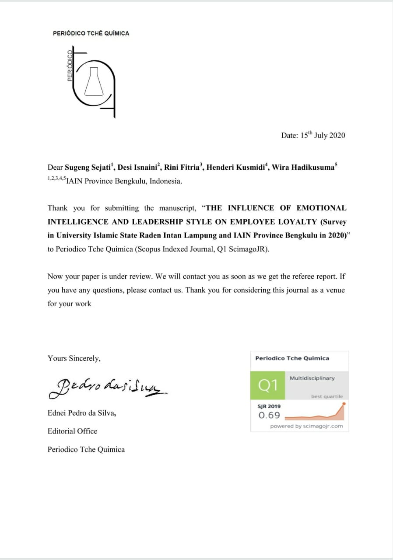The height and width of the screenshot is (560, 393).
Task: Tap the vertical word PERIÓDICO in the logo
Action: [70, 66]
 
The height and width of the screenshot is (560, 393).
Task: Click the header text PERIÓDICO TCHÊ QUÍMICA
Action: [91, 33]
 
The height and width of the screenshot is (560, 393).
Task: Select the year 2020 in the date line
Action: [337, 135]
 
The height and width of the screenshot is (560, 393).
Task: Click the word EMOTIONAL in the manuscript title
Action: [321, 208]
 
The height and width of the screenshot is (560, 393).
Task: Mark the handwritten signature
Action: [108, 387]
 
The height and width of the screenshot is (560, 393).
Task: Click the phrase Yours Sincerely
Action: [74, 358]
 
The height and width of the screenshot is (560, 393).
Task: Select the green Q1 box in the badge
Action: [268, 385]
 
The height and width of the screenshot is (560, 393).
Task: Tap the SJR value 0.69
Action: [269, 415]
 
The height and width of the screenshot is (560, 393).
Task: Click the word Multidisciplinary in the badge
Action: [312, 378]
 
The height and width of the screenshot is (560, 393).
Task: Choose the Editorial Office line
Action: [72, 431]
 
